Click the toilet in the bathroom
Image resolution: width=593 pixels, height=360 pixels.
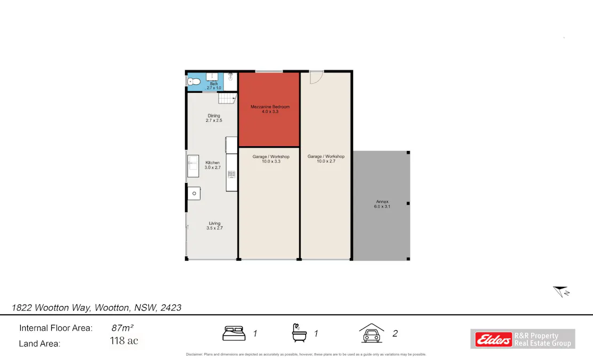tap(194, 82)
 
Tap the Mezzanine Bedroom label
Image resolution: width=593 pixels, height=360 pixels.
tap(270, 109)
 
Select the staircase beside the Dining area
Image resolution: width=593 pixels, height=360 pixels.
tap(228, 98)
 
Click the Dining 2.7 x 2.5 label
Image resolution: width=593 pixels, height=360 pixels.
tap(213, 118)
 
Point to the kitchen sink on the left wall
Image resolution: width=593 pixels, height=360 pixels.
tap(193, 165)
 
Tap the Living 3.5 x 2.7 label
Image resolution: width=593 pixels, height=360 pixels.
tap(214, 226)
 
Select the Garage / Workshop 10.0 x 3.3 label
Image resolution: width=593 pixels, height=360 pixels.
tap(271, 158)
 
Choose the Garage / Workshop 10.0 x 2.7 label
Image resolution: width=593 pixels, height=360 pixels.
tap(326, 158)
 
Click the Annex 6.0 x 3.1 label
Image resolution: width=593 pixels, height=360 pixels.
tap(382, 204)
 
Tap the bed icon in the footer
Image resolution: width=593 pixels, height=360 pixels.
tap(234, 333)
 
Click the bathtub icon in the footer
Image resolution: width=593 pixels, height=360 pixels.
tap(299, 333)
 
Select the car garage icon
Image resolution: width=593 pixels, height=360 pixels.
tap(372, 333)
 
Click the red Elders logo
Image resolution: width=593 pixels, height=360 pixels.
tap(492, 339)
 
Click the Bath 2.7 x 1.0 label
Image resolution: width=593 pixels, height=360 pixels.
tap(213, 85)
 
